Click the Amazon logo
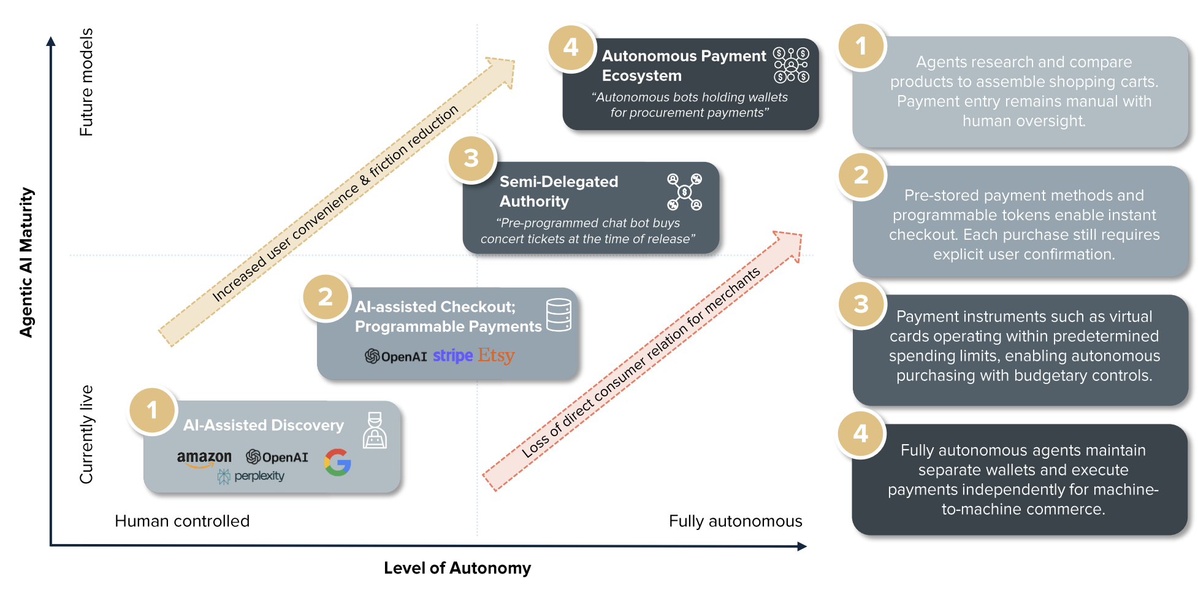[204, 458]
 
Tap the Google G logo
[338, 463]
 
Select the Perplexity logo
[251, 476]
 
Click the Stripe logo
[452, 356]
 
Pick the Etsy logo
[496, 355]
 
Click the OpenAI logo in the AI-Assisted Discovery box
[277, 457]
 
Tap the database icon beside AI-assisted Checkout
[559, 315]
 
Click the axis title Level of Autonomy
[457, 568]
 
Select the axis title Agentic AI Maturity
[26, 263]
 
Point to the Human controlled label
[182, 521]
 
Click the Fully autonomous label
[735, 521]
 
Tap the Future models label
[86, 82]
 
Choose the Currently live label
[86, 434]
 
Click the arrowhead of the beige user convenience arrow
[502, 71]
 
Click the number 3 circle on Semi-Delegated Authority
[471, 158]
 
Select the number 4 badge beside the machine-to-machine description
[861, 434]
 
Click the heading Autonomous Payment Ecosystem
[683, 66]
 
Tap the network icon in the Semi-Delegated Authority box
[684, 192]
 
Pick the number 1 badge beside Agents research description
[861, 46]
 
